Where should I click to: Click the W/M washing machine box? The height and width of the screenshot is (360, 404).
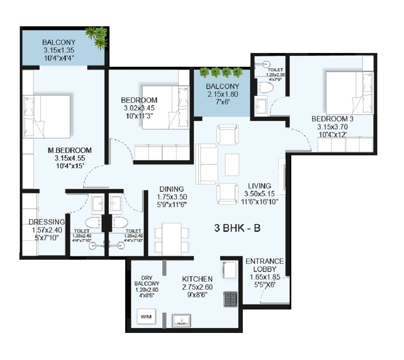point(146,316)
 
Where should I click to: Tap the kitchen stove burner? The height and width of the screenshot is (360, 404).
point(230,299)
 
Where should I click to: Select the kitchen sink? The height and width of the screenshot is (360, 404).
point(182,320)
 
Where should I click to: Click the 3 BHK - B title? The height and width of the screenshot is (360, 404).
point(237,228)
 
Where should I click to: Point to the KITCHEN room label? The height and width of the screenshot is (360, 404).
point(197,279)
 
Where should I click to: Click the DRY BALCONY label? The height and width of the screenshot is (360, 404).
point(147,281)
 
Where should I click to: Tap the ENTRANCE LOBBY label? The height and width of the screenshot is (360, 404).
point(265,265)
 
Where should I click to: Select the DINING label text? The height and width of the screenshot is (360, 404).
point(172,189)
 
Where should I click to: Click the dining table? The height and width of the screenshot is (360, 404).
point(172,239)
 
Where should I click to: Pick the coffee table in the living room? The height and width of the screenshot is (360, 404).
point(232,165)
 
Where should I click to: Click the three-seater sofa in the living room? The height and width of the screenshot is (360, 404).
point(207,164)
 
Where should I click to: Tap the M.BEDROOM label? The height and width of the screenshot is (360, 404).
point(69,150)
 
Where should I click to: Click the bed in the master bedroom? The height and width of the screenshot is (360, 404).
point(46,116)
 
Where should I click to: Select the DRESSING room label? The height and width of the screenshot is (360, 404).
point(46,222)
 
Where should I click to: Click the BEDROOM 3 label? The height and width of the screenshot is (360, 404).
point(332,119)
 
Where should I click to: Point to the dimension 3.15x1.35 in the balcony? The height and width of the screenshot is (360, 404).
point(59,50)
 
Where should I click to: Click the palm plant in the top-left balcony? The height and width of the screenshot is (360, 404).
point(97,37)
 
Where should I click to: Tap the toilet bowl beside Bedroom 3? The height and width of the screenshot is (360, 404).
point(265,88)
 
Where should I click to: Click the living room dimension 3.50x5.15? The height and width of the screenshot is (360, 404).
point(259,194)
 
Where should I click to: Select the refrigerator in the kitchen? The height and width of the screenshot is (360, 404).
point(229,270)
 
